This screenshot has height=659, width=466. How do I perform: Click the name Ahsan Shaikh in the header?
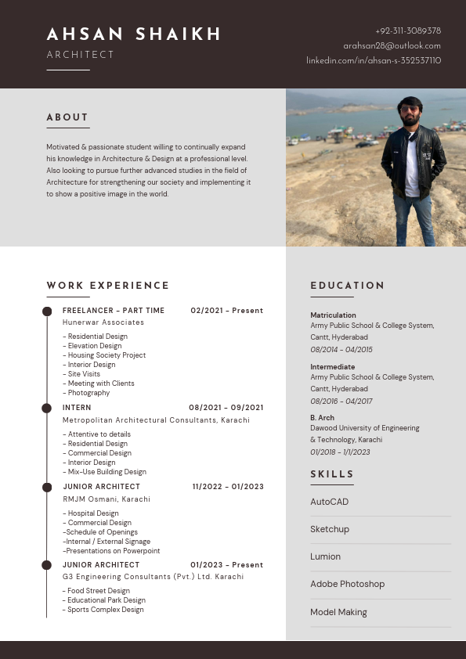[134, 34]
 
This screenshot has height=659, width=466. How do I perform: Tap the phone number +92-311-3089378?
[408, 31]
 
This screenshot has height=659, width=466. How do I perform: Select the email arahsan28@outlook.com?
[392, 45]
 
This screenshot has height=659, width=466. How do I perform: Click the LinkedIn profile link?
[374, 60]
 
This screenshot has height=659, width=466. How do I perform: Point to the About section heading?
[67, 117]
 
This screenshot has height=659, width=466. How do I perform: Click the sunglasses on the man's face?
[410, 110]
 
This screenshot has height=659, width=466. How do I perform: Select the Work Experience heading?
[108, 286]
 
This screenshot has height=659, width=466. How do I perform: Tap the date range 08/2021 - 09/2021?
[226, 408]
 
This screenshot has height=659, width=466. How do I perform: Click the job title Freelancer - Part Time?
[114, 311]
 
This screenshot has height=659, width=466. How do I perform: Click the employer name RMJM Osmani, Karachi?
[107, 499]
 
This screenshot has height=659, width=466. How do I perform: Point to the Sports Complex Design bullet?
[104, 610]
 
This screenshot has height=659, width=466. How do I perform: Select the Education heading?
[348, 286]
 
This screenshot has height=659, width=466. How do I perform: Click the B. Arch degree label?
[323, 418]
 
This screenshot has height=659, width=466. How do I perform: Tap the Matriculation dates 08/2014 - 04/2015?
[341, 350]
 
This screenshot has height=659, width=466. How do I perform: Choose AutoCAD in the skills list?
[330, 502]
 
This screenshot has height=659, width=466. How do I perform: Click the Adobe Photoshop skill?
[348, 584]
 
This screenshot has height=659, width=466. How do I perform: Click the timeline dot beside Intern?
[46, 408]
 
